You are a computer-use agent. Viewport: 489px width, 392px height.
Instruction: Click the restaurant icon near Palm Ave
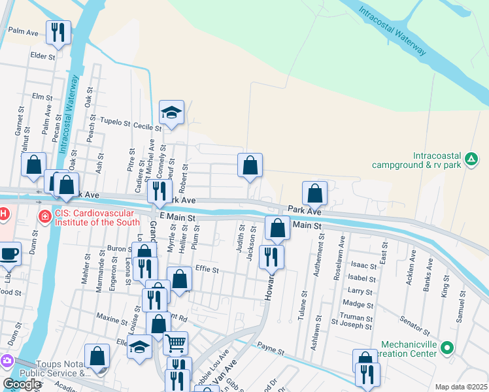point(58,31)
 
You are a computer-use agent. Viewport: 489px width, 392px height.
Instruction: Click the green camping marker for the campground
point(471,157)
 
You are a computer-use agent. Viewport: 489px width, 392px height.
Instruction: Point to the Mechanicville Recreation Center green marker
point(447,348)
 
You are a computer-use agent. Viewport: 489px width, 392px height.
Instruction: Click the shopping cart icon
point(175,342)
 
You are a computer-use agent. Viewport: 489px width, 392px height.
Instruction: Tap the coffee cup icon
point(9,253)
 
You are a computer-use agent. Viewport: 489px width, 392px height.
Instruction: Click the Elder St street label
point(42,57)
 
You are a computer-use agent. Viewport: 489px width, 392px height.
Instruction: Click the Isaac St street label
point(363,266)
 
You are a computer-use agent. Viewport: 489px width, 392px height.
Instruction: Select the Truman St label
point(356,318)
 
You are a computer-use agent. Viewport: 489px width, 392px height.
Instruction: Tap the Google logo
point(22,384)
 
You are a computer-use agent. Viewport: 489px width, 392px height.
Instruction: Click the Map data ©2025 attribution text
point(461,387)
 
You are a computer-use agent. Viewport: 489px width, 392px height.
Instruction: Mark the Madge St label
point(358,304)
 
